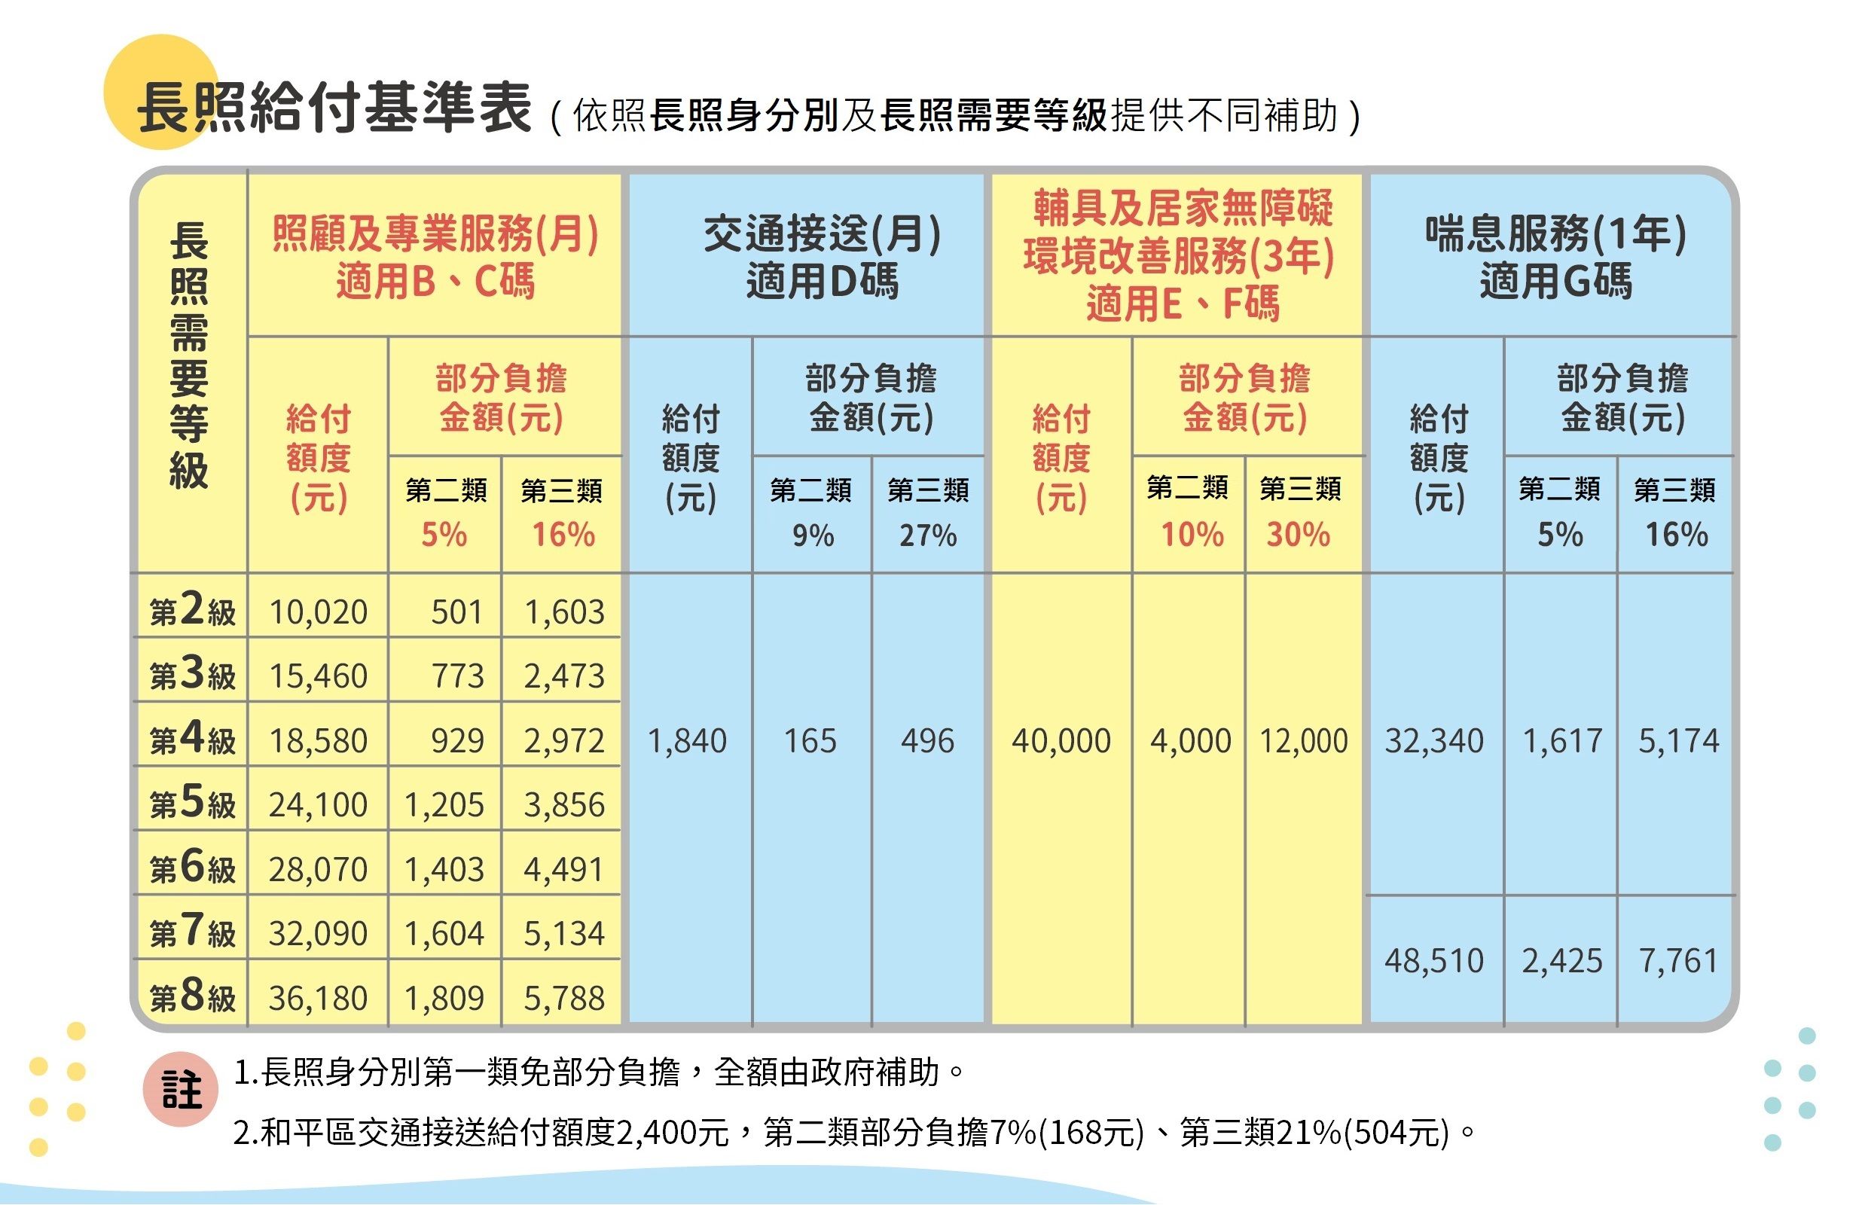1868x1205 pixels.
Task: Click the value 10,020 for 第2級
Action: click(x=318, y=612)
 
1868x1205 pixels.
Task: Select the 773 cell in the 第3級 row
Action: click(x=458, y=676)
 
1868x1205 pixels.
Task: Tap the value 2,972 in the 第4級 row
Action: click(x=563, y=741)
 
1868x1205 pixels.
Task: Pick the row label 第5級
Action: click(x=192, y=804)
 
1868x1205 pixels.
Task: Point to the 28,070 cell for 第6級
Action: click(x=318, y=869)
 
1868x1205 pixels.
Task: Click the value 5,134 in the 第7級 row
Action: click(x=563, y=933)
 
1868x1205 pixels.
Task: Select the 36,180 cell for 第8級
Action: click(x=318, y=999)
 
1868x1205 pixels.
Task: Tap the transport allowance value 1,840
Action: click(x=687, y=741)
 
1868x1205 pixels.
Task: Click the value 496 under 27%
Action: click(x=927, y=741)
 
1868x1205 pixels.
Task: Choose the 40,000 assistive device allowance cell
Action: click(x=1061, y=741)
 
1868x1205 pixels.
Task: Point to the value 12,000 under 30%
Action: click(x=1303, y=741)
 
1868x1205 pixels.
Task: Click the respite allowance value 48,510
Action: click(x=1433, y=961)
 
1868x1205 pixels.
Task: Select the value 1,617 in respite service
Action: click(x=1562, y=741)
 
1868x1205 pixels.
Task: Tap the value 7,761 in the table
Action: click(x=1678, y=961)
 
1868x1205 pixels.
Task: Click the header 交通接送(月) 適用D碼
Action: click(x=822, y=257)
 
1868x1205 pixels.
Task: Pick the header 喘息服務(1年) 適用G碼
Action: click(x=1555, y=257)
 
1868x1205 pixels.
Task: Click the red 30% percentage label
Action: click(x=1299, y=535)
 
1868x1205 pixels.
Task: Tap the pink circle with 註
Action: click(x=181, y=1090)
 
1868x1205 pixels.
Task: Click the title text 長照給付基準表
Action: click(x=335, y=108)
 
